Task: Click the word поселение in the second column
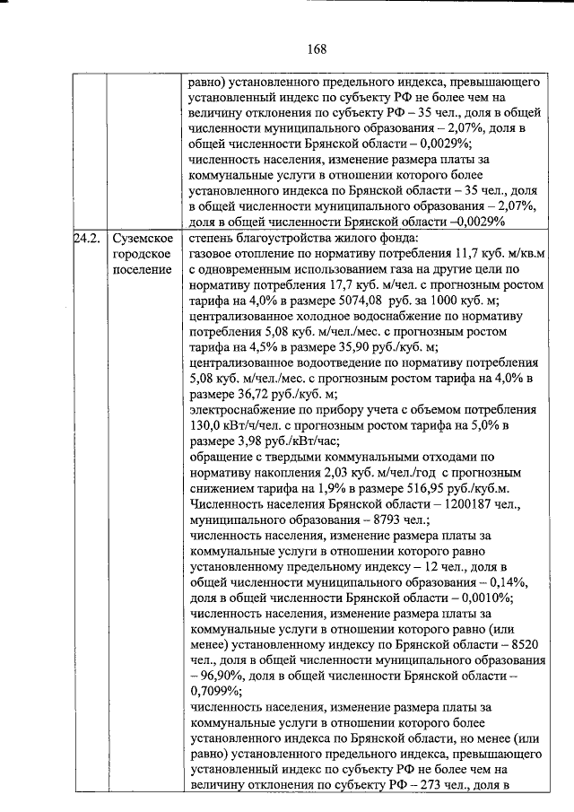click(x=142, y=271)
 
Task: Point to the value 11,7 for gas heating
click(x=471, y=255)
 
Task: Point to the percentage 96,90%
click(x=224, y=675)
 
